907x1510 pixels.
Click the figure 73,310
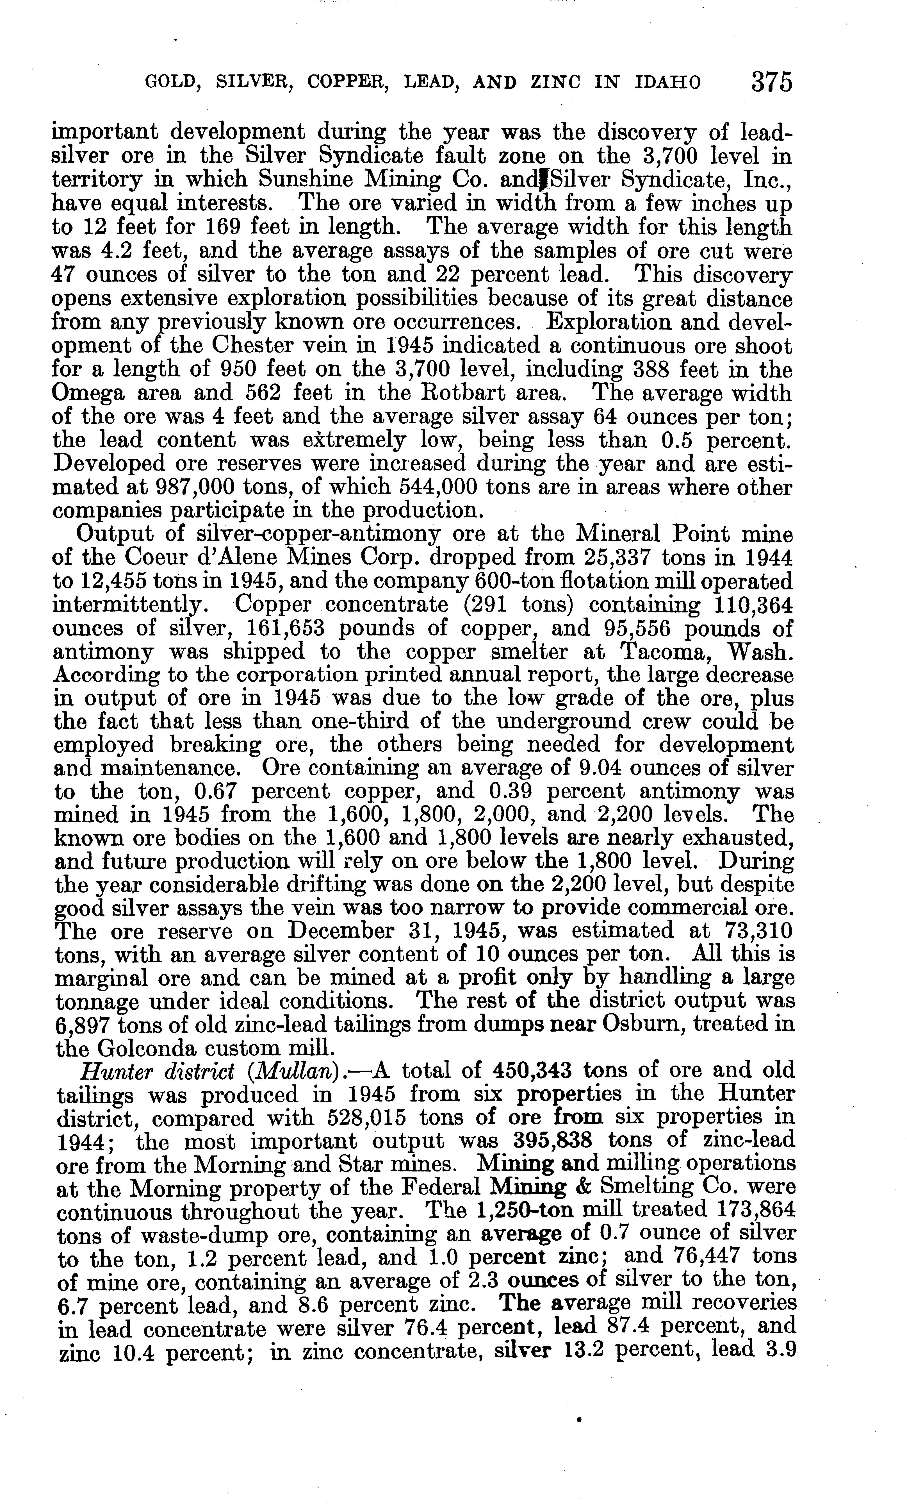coord(755,931)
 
